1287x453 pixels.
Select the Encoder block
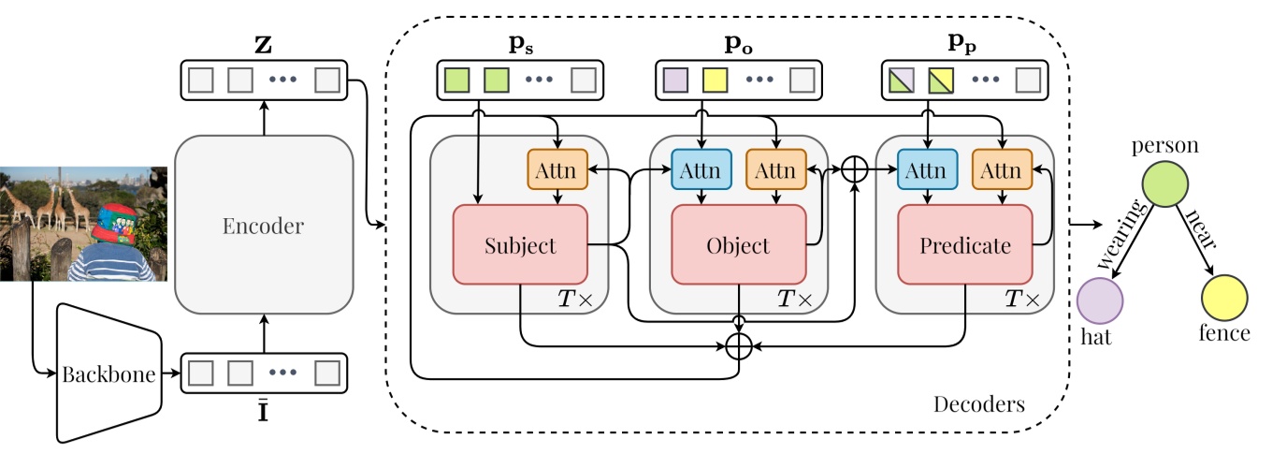click(x=264, y=225)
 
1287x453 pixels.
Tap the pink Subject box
click(x=520, y=245)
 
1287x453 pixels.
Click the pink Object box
click(x=738, y=245)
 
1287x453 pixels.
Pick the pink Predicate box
click(x=964, y=245)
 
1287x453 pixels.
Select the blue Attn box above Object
click(x=701, y=170)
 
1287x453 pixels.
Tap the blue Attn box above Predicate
click(x=927, y=170)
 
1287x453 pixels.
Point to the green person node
click(x=1164, y=183)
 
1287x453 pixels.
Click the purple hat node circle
click(x=1100, y=300)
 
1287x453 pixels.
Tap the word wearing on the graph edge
click(x=1121, y=236)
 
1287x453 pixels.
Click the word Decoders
click(x=978, y=405)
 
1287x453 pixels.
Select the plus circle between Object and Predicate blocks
click(x=855, y=169)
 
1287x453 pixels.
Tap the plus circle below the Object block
click(x=740, y=345)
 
